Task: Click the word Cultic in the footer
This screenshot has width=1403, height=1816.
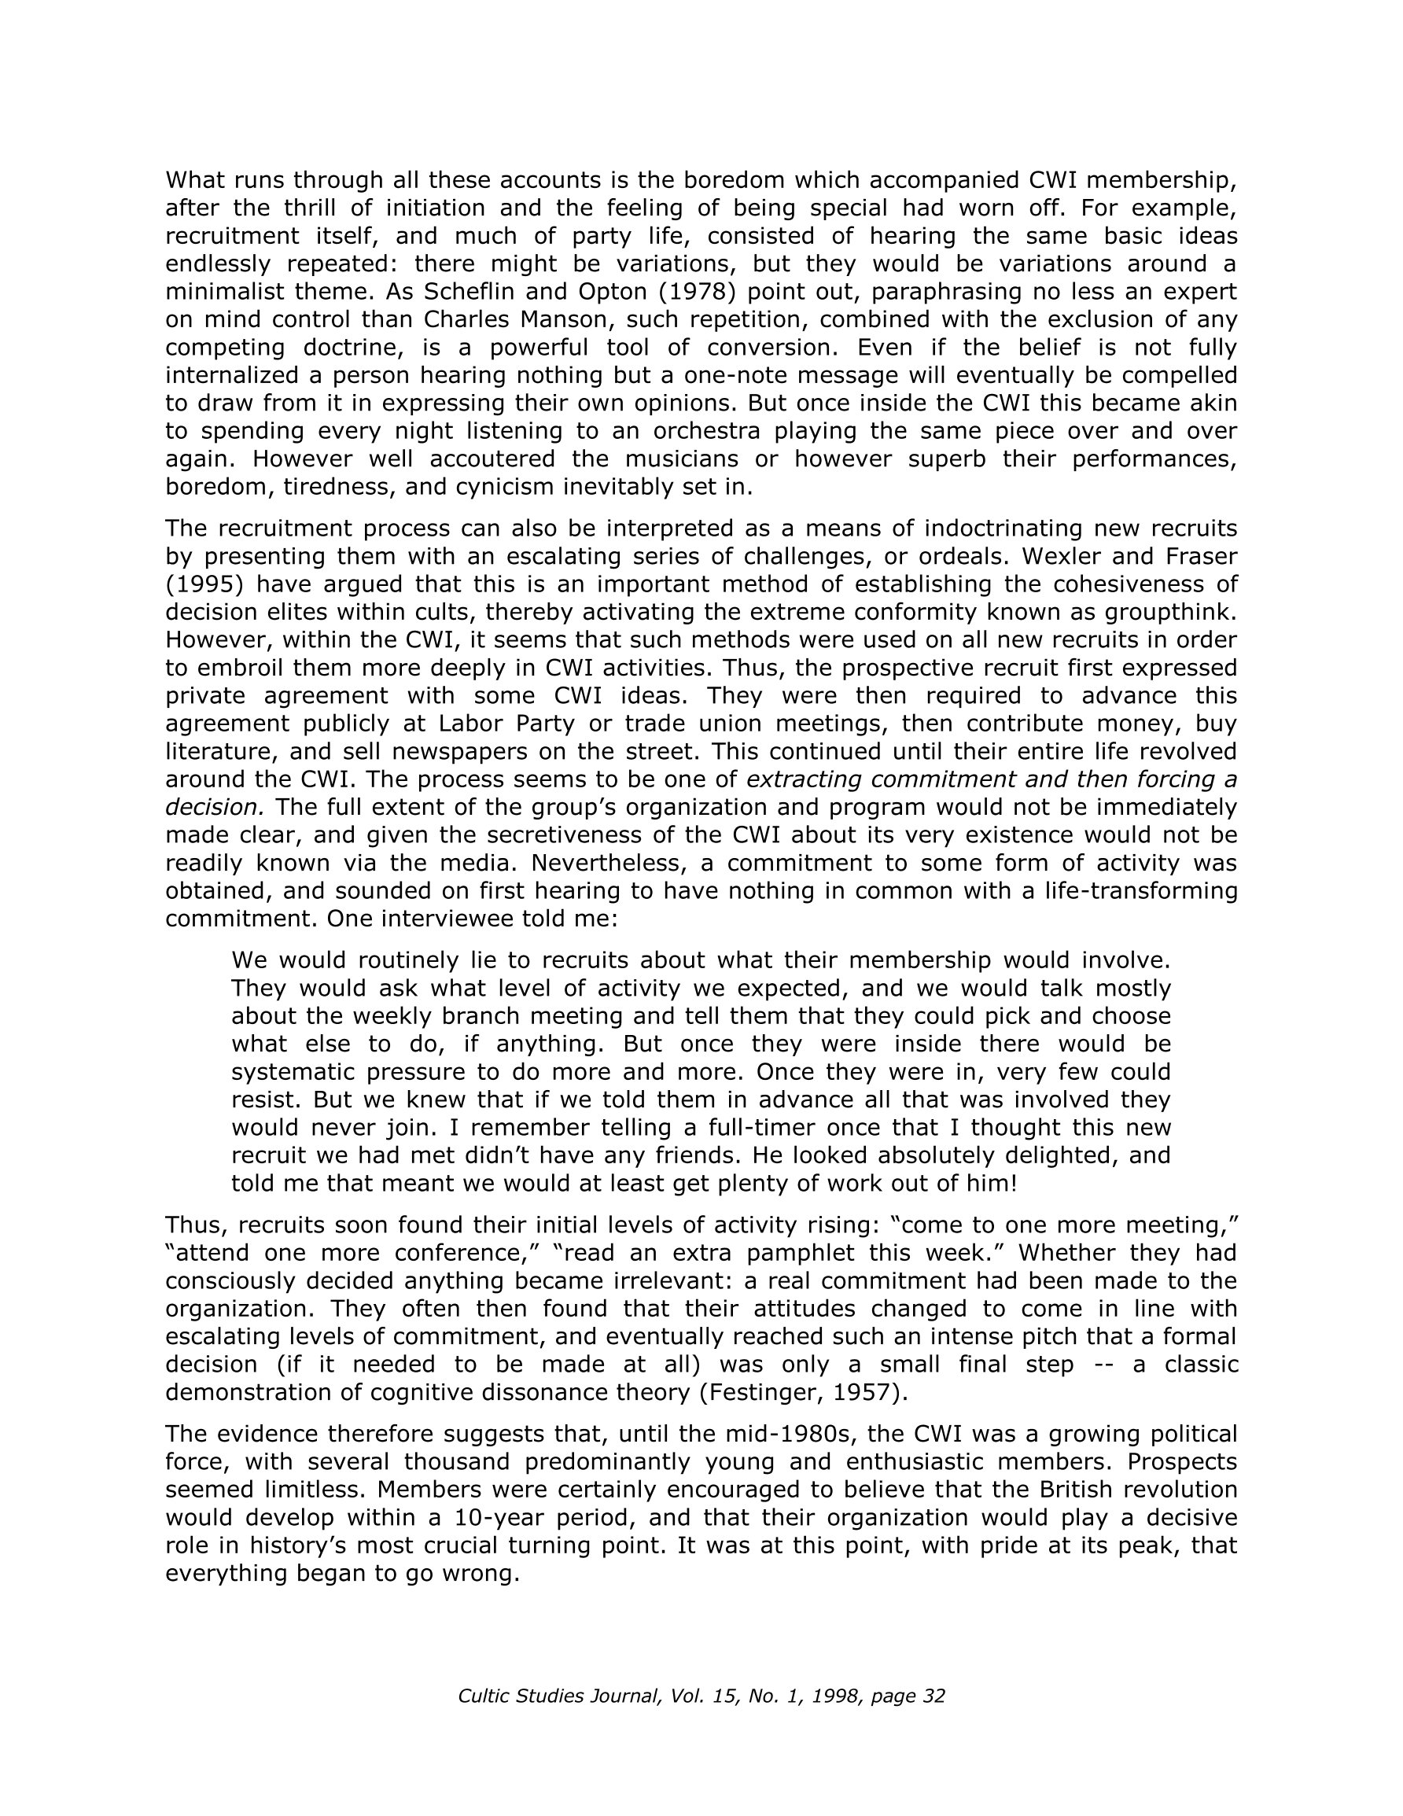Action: [485, 1696]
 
